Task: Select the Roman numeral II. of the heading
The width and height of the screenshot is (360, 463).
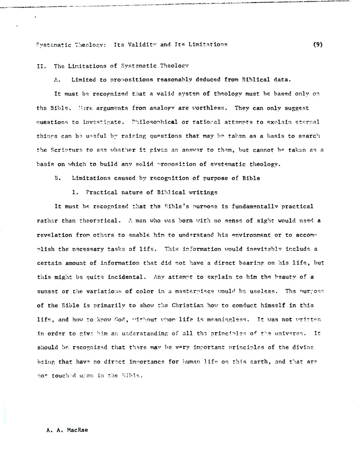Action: coord(42,66)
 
